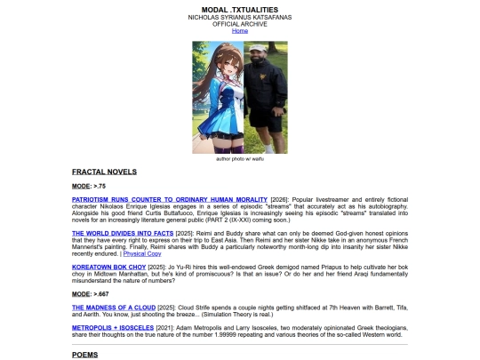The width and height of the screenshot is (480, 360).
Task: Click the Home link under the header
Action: click(240, 30)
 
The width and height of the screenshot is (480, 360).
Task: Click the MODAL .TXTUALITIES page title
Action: click(240, 9)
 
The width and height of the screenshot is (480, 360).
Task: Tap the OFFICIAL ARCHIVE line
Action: click(240, 24)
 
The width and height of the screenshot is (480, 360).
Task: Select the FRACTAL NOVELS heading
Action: click(104, 171)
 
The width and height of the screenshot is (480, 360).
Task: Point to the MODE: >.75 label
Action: click(89, 186)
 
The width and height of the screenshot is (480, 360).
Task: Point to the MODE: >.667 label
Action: click(91, 292)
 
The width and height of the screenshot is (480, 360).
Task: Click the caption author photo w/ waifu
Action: click(240, 158)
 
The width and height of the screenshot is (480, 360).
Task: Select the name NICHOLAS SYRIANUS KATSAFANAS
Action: click(240, 17)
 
